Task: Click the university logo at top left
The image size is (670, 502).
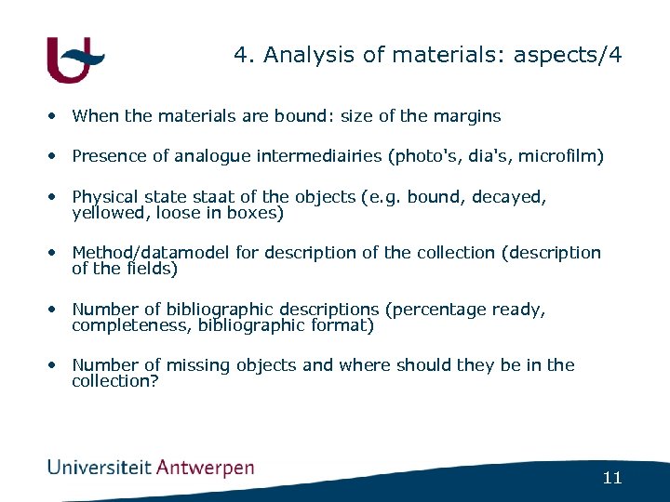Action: coord(74,59)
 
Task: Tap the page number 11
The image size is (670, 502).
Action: coord(611,479)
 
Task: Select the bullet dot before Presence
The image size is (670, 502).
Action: coord(57,157)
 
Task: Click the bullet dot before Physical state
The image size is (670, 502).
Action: coord(57,197)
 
